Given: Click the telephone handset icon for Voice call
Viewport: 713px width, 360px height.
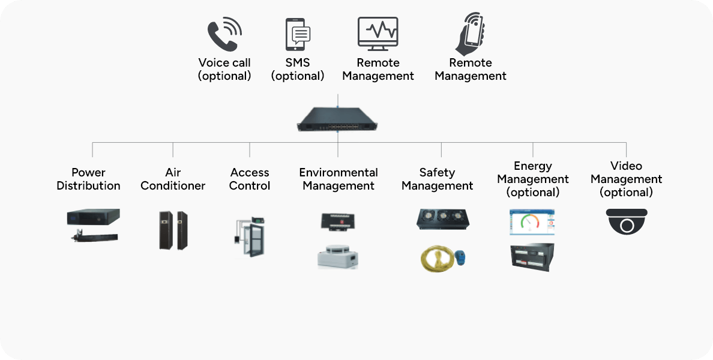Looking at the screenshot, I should tap(224, 35).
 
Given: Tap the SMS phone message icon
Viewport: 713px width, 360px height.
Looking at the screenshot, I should tap(298, 34).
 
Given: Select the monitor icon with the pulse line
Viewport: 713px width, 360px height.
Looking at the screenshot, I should tap(378, 33).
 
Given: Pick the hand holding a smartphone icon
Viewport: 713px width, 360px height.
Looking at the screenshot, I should tap(470, 34).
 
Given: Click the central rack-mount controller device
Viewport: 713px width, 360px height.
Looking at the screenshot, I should tap(338, 119).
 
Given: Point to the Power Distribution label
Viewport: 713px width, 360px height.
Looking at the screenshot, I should tap(88, 179).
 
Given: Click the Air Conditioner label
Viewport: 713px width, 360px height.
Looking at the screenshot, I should tap(173, 179).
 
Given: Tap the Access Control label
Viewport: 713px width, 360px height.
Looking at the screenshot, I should tap(250, 179).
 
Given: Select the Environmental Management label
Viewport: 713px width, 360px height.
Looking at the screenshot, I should tap(338, 179).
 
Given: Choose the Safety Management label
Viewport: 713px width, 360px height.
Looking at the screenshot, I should tap(437, 179).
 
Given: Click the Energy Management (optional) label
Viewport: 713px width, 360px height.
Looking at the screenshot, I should tap(533, 179).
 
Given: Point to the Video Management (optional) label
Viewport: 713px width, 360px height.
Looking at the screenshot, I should tap(626, 179).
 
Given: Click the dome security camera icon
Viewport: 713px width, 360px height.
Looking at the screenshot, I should tap(627, 221).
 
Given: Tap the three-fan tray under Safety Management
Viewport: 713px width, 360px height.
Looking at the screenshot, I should tap(443, 219).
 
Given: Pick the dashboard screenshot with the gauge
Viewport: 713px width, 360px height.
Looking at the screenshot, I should tap(532, 222).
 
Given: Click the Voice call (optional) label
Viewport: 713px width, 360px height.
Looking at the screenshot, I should tap(224, 69).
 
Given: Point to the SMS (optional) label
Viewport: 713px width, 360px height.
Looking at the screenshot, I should tap(298, 69).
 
